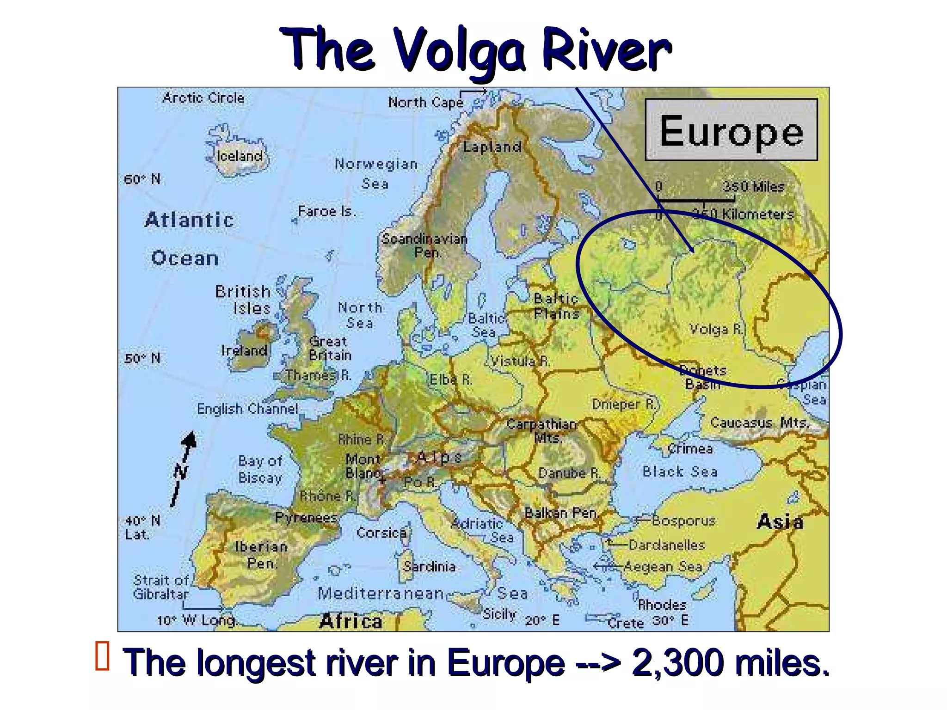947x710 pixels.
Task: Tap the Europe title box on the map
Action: pos(731,130)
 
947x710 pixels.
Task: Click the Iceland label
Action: pos(240,156)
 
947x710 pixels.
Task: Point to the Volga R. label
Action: pos(715,329)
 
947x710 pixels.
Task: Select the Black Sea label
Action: pos(680,471)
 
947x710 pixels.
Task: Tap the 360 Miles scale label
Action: pos(753,187)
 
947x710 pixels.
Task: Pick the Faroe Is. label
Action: pos(326,212)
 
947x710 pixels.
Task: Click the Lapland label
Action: pos(492,147)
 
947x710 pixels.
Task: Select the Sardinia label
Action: pos(429,566)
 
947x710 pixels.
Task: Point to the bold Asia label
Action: pos(780,522)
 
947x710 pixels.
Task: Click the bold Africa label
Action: pos(351,621)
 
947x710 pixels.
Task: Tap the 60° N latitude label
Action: pos(142,179)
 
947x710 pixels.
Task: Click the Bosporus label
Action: pos(683,521)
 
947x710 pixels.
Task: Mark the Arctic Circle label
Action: pos(203,98)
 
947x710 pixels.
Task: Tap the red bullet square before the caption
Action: pos(102,655)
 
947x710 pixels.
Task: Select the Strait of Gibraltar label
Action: pos(160,587)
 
